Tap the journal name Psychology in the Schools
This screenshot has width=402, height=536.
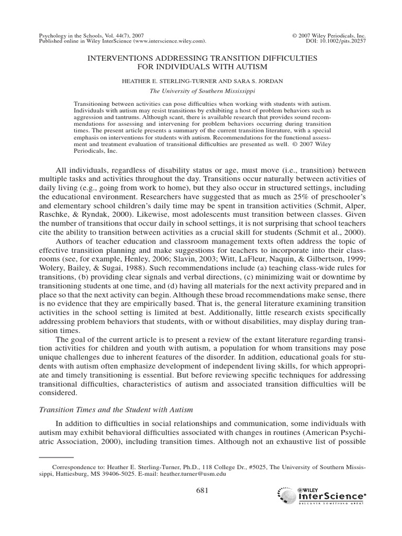(71, 35)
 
